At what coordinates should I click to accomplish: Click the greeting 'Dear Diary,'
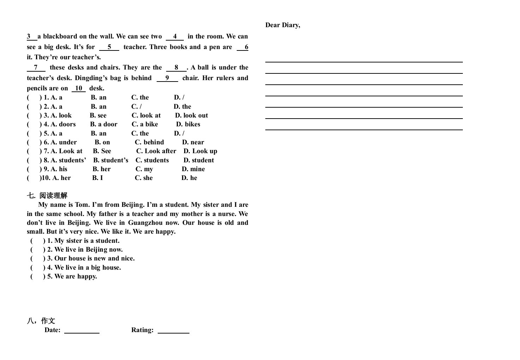[x=283, y=25]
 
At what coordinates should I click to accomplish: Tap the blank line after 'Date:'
[x=82, y=331]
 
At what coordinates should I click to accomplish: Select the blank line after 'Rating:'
[x=173, y=331]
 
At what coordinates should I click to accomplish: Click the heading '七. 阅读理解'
[x=47, y=196]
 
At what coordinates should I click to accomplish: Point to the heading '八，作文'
[x=41, y=321]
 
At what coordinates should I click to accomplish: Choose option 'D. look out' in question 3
[x=192, y=115]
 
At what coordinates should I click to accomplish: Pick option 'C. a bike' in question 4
[x=145, y=124]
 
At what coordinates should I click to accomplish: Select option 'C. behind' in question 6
[x=149, y=142]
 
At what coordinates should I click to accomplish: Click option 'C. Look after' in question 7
[x=156, y=151]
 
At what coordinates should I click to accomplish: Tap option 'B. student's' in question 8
[x=111, y=160]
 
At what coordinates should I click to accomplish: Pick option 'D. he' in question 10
[x=189, y=178]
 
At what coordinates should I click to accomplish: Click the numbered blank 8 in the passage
[x=176, y=68]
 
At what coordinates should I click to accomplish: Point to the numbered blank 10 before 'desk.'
[x=79, y=89]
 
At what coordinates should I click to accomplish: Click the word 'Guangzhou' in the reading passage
[x=145, y=223]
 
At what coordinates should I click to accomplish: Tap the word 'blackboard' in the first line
[x=60, y=36]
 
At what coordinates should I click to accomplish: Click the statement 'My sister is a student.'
[x=87, y=241]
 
